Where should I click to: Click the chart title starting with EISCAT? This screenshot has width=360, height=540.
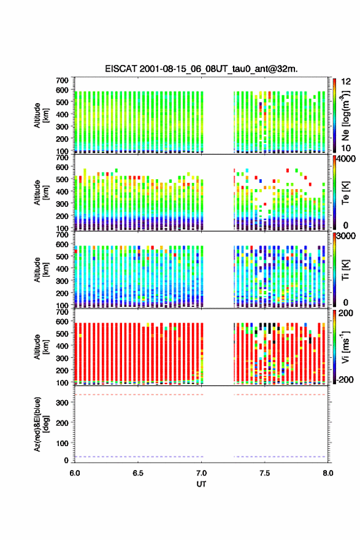tap(201, 69)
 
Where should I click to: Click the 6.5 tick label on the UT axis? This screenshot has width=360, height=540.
tap(138, 473)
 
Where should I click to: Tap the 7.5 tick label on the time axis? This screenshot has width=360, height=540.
tap(265, 473)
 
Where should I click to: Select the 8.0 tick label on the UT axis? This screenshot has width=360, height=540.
tap(328, 473)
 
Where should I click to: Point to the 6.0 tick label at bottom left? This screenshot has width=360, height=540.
tap(75, 473)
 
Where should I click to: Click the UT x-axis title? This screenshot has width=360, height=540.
tap(201, 484)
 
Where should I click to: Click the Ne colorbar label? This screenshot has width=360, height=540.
tap(345, 115)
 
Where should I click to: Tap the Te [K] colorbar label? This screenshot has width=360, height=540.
tap(345, 193)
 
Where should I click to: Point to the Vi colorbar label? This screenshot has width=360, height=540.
tap(345, 347)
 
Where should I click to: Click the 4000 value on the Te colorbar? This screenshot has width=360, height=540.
tap(346, 159)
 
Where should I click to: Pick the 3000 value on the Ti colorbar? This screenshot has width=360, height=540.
tap(346, 236)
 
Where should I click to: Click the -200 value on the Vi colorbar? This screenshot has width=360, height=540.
tap(344, 380)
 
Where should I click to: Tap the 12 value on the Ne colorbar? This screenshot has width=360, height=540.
tap(346, 82)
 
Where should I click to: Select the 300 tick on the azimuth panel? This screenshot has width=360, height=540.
tap(63, 403)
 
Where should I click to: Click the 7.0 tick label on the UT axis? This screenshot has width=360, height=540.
tap(201, 473)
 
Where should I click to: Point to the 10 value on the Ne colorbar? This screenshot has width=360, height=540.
tap(346, 148)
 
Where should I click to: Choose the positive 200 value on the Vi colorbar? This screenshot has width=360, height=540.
tap(346, 314)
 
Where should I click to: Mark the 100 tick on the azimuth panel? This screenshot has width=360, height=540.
tap(63, 443)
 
